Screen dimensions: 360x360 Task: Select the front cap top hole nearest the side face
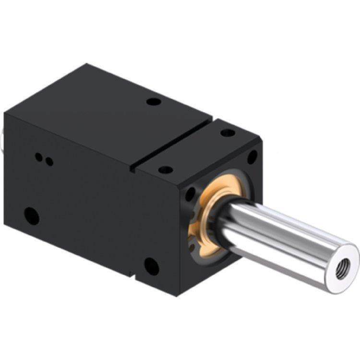165,169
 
